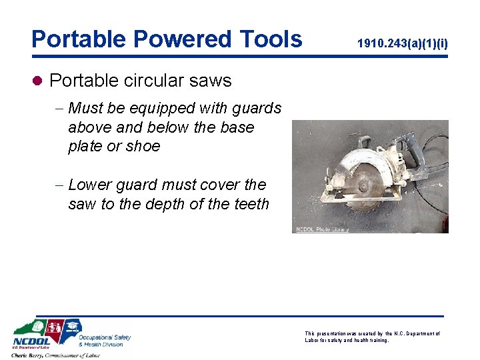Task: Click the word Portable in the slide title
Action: (x=73, y=39)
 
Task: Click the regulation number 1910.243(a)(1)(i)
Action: (x=403, y=44)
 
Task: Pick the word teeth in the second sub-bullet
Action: (x=249, y=204)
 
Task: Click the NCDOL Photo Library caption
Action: (x=322, y=229)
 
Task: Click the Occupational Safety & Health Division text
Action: (x=104, y=341)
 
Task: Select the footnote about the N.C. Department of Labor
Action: (x=372, y=337)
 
